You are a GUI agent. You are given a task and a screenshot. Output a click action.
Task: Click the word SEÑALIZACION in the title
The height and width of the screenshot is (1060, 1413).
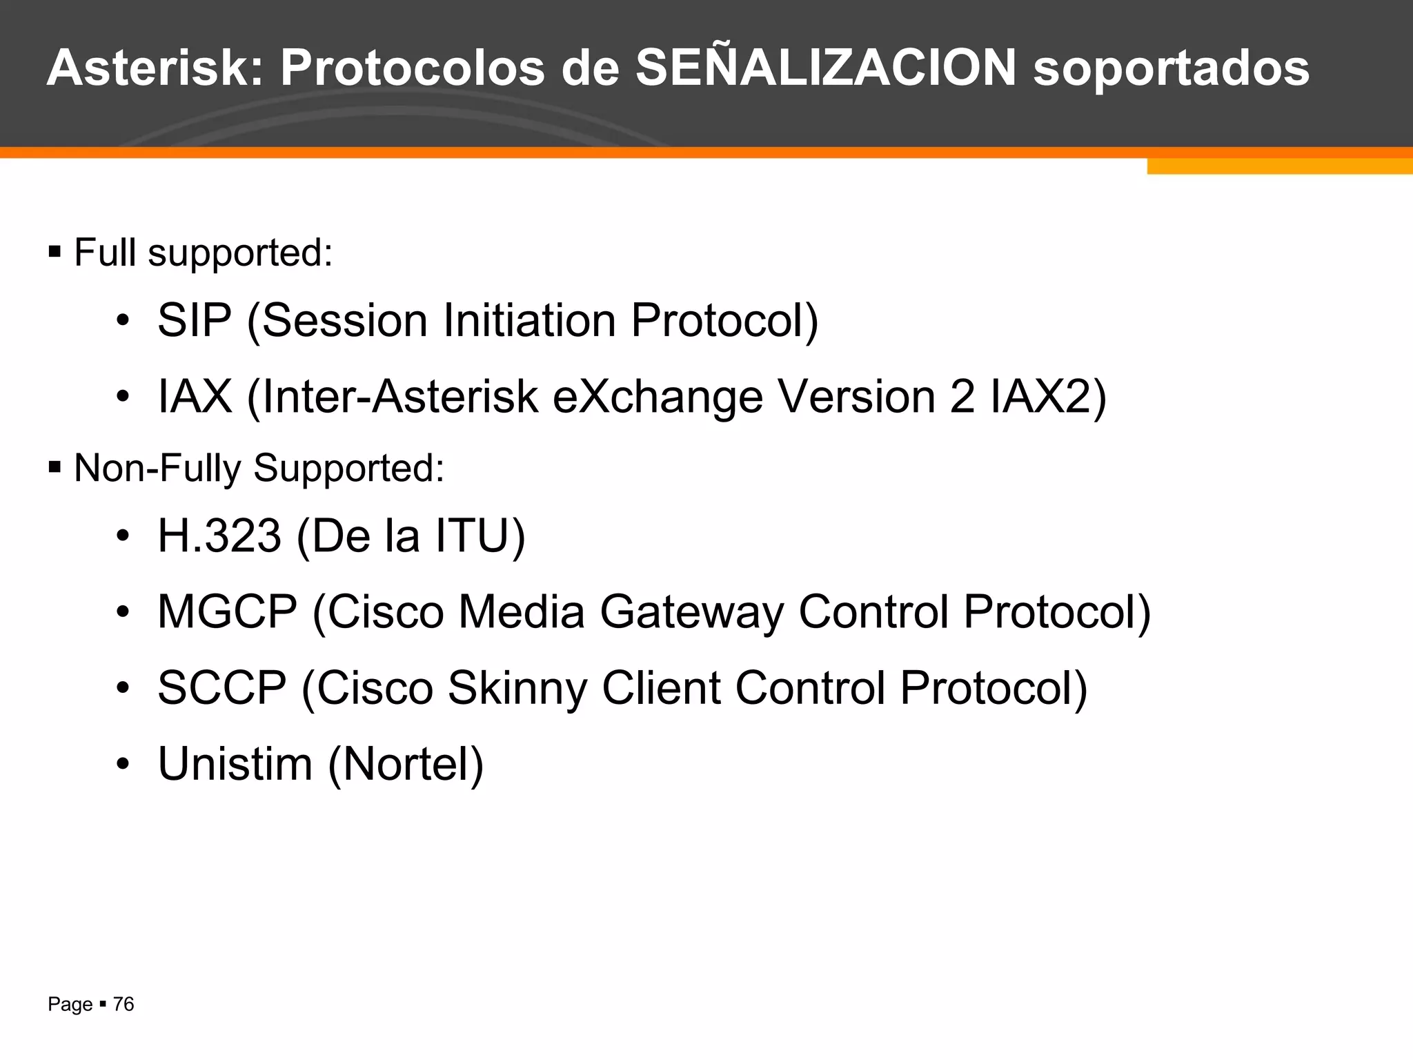point(826,68)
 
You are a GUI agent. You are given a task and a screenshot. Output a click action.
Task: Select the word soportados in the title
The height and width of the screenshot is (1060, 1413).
point(1171,69)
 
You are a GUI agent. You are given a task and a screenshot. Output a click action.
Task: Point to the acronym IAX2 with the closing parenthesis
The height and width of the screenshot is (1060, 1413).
point(1048,397)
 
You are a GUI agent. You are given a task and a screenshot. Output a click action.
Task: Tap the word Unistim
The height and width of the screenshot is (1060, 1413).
point(235,764)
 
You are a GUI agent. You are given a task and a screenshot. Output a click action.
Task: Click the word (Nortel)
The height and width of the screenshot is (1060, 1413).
point(406,764)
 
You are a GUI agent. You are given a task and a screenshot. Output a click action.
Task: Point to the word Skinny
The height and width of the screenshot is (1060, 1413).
point(517,689)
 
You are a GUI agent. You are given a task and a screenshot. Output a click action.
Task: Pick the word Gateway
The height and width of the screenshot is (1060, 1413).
point(691,613)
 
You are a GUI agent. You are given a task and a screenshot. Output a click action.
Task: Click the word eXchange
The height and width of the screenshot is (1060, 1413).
point(658,397)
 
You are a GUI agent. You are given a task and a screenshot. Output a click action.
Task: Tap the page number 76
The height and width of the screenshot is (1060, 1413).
point(123,1004)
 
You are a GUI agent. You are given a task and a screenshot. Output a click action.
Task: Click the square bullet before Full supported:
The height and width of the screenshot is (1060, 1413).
point(55,252)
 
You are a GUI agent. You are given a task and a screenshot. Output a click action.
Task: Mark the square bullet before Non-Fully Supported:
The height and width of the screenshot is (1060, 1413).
point(55,468)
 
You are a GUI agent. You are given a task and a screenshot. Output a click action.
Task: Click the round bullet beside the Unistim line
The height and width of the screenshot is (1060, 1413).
point(123,764)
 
